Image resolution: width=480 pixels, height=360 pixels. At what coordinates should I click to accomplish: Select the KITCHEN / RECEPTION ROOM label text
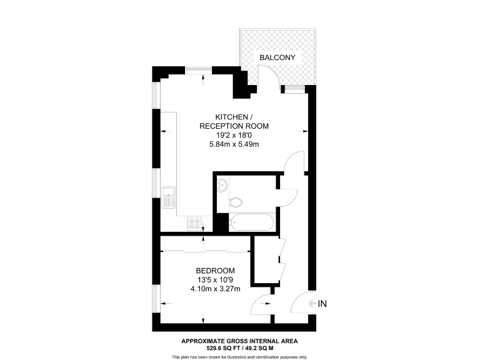[234, 121]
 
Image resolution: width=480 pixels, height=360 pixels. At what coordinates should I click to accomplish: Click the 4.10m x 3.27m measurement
[215, 289]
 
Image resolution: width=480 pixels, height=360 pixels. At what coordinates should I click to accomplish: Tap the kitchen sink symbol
[168, 198]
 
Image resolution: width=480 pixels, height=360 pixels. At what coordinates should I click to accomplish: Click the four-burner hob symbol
[194, 222]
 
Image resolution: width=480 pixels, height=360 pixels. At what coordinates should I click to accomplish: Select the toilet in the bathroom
[235, 202]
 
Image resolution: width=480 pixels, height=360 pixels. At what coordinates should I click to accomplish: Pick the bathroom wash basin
[224, 184]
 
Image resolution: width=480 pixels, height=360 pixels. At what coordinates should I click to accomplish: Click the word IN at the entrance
[323, 304]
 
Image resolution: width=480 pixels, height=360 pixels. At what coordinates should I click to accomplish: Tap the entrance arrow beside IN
[313, 304]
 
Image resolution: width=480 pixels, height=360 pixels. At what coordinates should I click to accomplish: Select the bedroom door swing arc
[261, 304]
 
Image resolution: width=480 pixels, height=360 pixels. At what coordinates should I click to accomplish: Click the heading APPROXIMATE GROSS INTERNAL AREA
[239, 341]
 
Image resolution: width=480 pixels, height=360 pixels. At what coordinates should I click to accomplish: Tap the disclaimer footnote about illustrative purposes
[239, 356]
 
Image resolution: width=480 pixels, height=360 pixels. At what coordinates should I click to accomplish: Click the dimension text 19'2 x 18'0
[234, 135]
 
